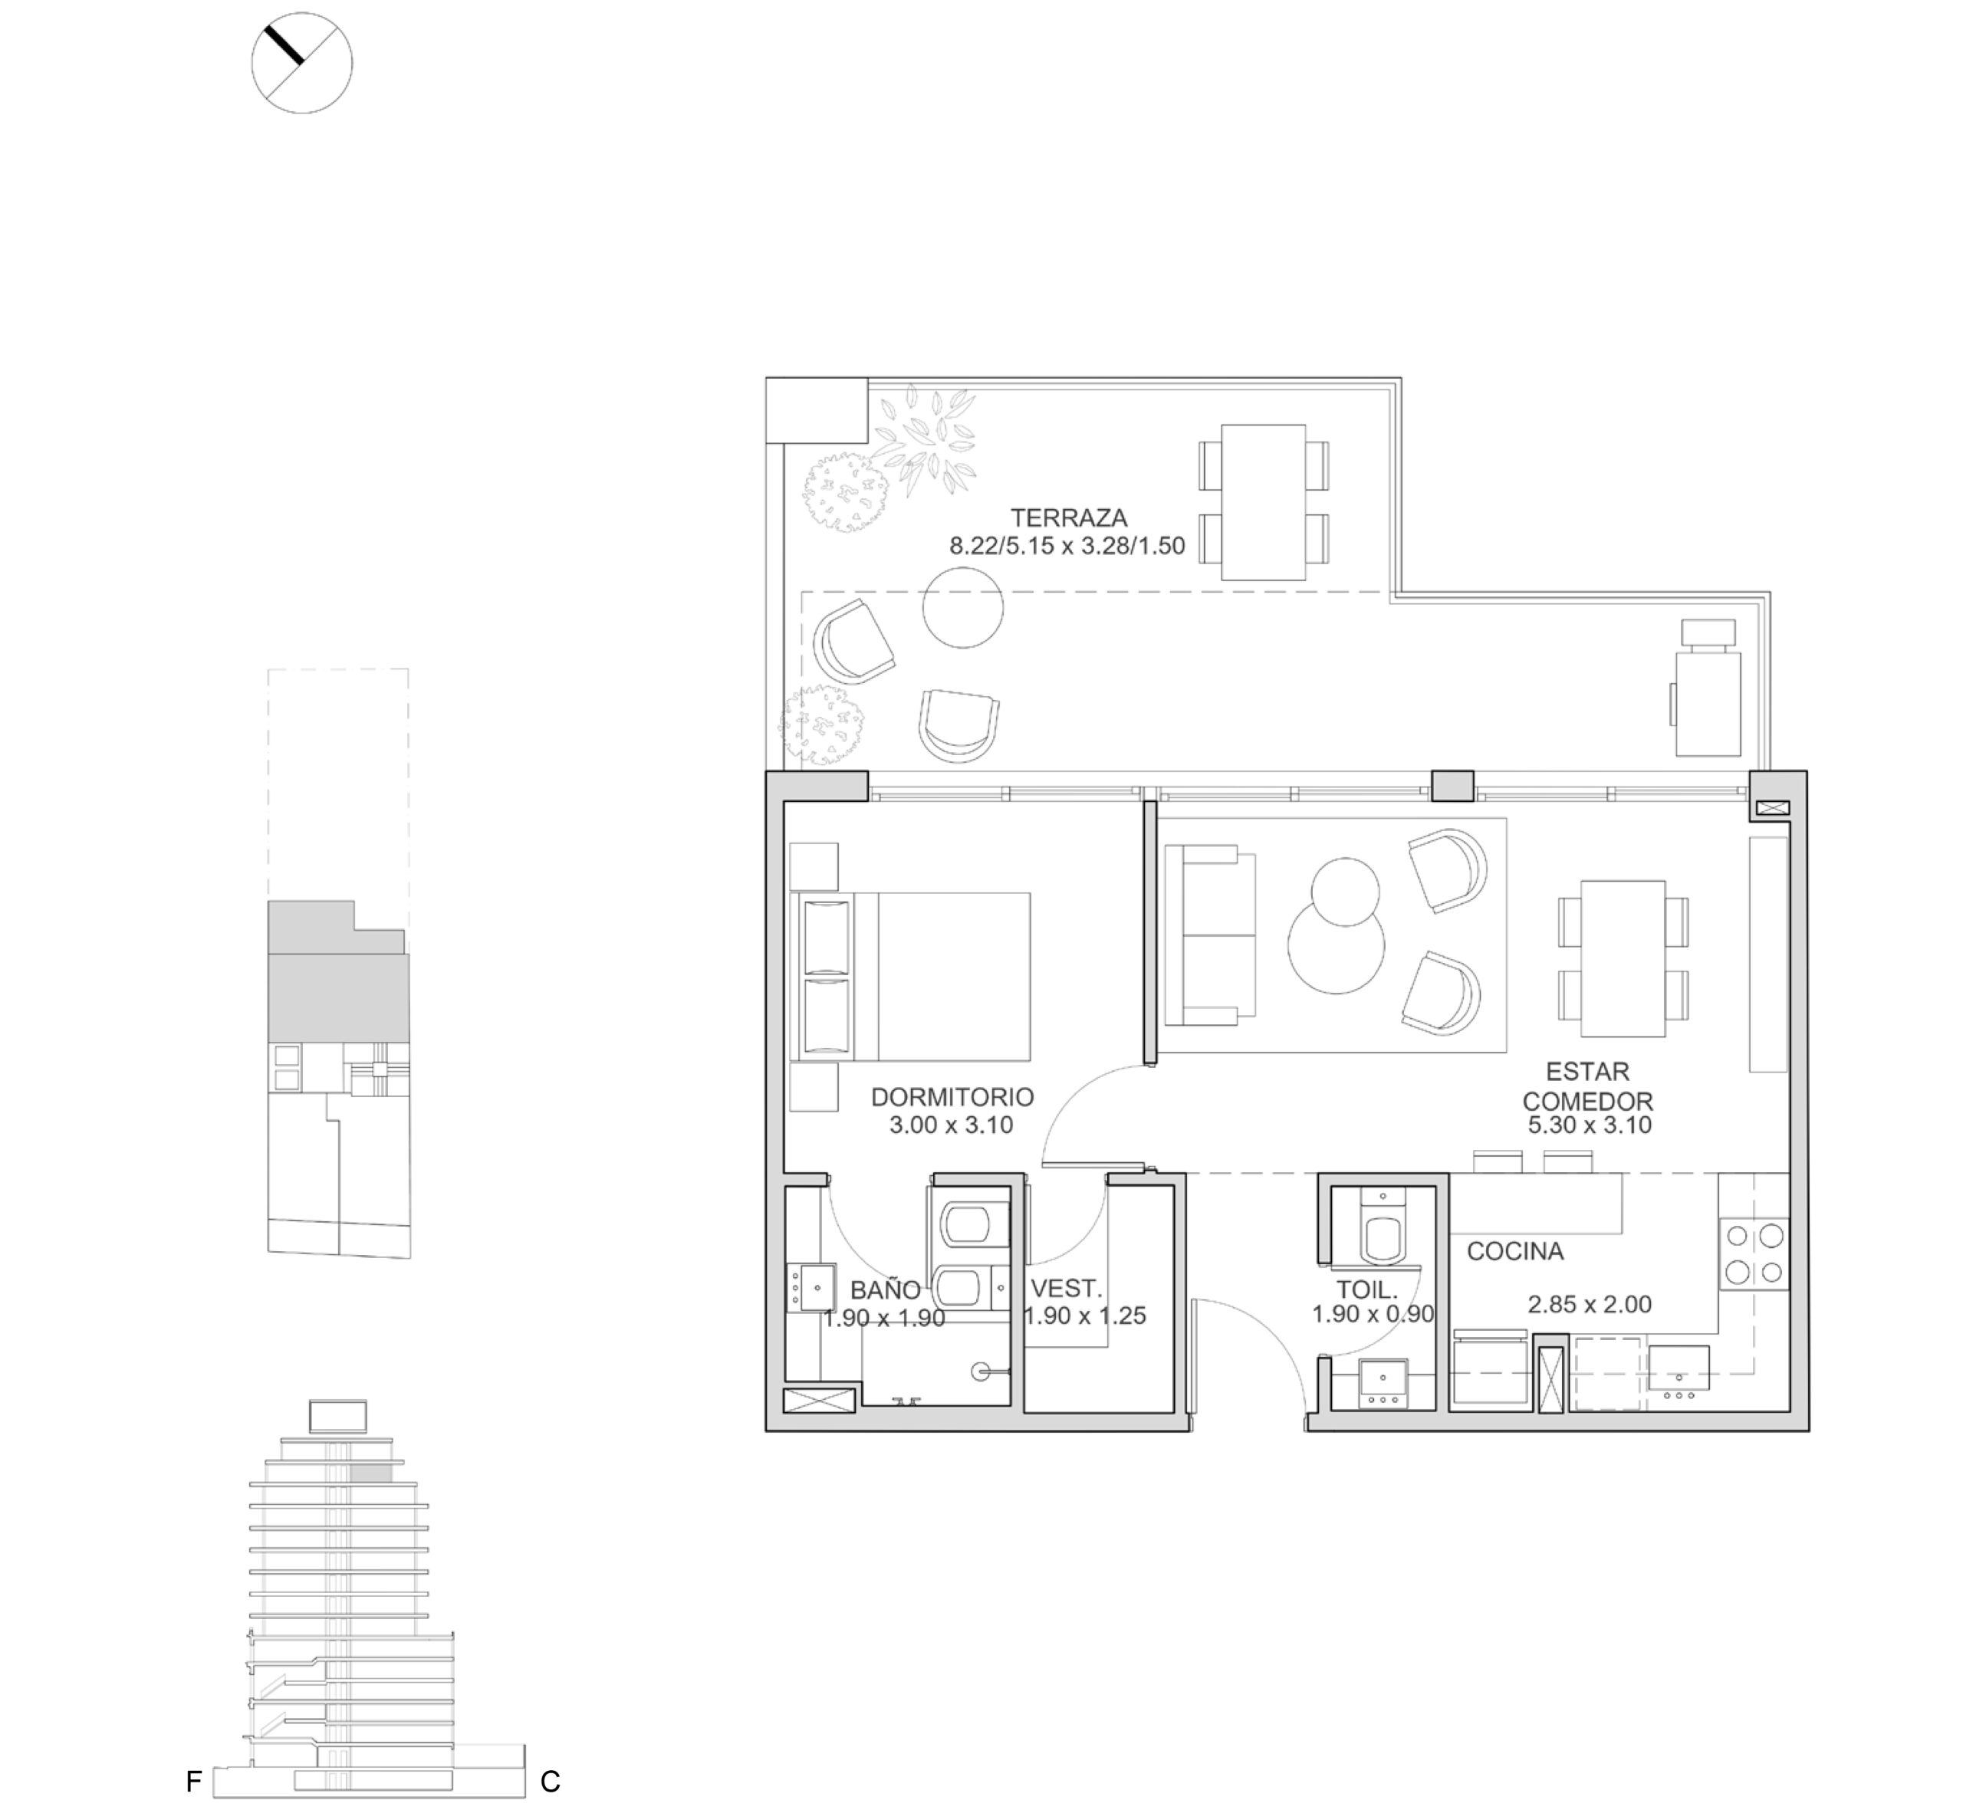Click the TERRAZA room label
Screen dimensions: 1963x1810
[x=1069, y=517]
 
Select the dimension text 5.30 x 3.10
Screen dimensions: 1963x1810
[x=1590, y=1125]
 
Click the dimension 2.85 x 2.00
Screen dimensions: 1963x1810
[x=1590, y=1305]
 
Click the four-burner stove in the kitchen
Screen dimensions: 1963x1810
[x=1754, y=1255]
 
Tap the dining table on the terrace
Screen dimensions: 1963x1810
[x=1264, y=502]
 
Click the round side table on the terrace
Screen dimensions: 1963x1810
[x=963, y=607]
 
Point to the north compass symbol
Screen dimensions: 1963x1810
[x=301, y=63]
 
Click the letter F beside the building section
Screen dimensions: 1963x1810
[x=194, y=1782]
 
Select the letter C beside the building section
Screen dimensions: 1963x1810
[x=551, y=1782]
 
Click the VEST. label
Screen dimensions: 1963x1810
[x=1067, y=1289]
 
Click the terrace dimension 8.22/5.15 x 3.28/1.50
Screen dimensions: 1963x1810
[x=1067, y=546]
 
